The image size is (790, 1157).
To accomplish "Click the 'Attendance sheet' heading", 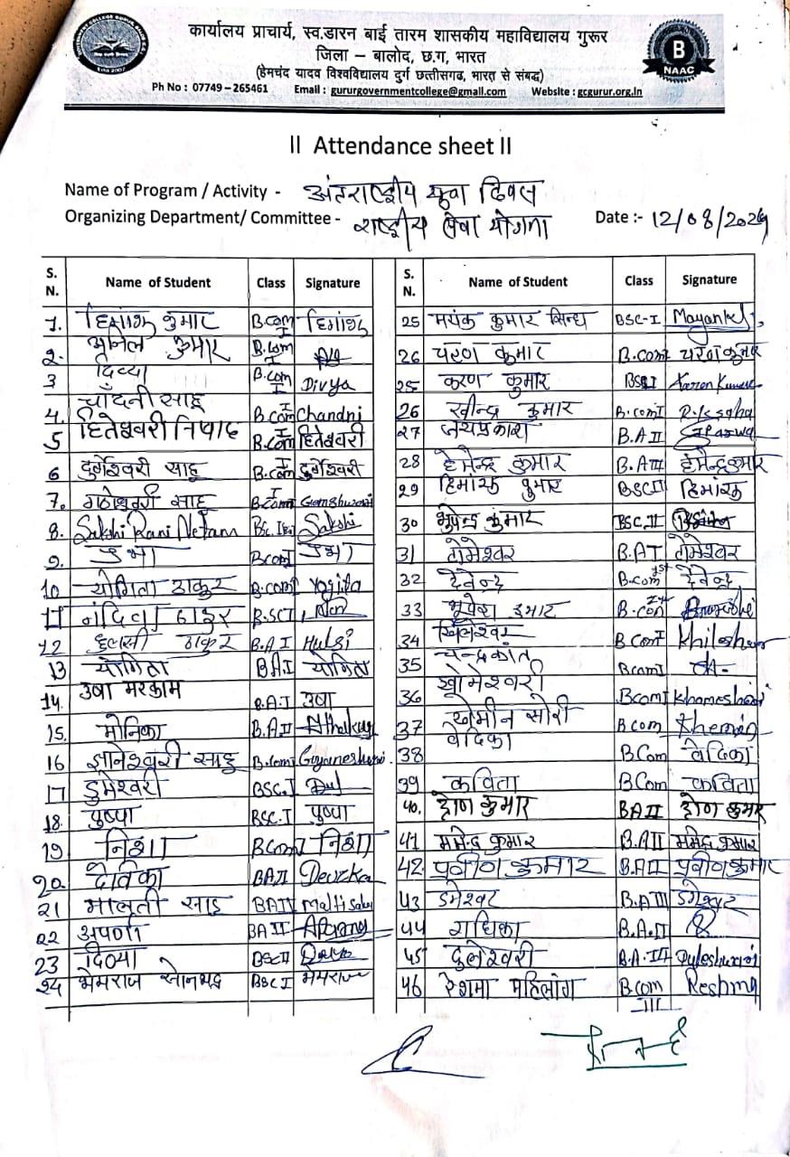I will point(394,145).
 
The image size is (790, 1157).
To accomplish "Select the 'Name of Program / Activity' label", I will point(173,191).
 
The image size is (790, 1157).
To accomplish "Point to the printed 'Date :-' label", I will point(618,217).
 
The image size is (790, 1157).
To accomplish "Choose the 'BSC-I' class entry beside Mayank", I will point(639,320).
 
